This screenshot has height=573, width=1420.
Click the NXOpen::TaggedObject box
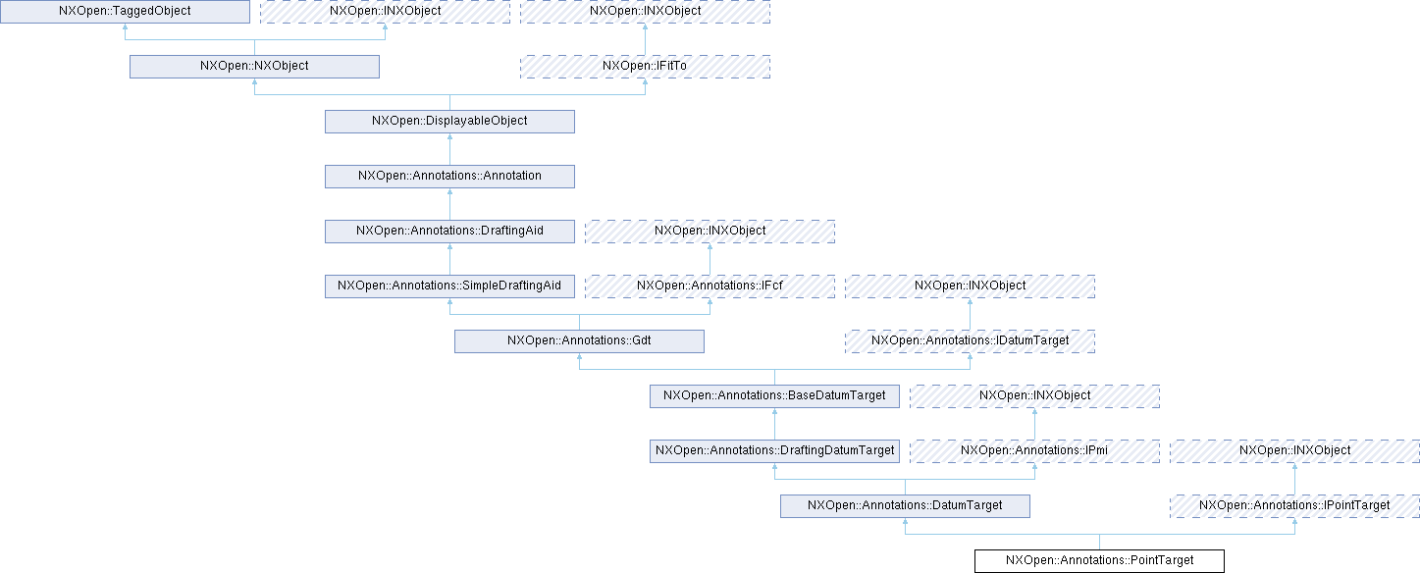point(125,11)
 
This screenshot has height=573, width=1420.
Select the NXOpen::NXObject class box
point(254,66)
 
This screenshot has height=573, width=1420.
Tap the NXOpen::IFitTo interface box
point(645,66)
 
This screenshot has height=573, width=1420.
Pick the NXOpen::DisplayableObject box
point(449,121)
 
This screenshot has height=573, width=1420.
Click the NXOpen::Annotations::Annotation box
point(449,176)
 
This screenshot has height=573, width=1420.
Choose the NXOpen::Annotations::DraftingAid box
point(449,231)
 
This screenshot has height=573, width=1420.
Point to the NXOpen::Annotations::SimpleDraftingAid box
point(449,286)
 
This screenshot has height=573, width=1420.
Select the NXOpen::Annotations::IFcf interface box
point(710,286)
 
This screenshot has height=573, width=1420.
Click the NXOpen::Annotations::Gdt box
point(579,340)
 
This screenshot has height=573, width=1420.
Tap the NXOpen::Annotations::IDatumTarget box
point(970,340)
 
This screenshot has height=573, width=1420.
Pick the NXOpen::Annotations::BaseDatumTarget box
point(774,395)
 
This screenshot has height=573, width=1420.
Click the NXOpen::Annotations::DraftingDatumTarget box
point(774,450)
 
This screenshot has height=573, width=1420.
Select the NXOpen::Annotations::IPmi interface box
point(1034,450)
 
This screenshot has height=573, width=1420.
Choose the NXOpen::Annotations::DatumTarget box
point(905,505)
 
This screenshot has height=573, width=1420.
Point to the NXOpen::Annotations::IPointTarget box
point(1294,505)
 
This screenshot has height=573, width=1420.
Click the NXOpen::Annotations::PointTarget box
point(1099,560)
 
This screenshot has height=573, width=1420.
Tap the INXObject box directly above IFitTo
point(645,11)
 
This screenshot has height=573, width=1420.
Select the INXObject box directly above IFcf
point(710,231)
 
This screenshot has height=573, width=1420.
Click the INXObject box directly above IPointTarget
point(1294,450)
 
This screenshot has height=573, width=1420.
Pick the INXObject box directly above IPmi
point(1034,395)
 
